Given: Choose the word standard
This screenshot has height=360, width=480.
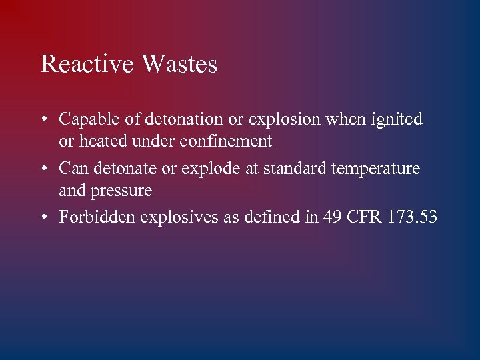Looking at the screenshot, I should [296, 169].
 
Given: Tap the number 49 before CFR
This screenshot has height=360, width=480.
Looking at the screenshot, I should [332, 217].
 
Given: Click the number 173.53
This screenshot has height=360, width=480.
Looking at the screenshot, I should [412, 217].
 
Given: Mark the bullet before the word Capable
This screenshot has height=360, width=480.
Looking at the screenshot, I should [43, 121].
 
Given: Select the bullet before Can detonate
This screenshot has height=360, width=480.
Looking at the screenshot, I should [43, 169].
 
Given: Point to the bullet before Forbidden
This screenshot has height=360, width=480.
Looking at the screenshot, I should [43, 217].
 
